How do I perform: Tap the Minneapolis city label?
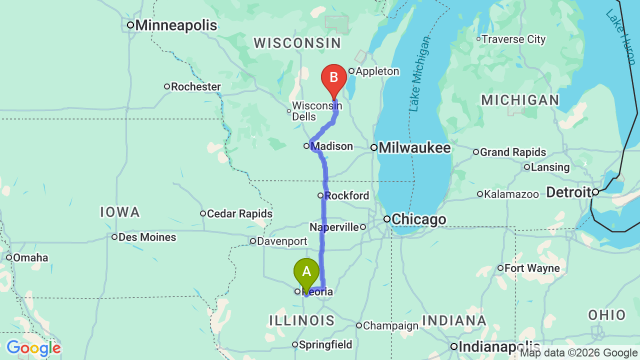pyautogui.click(x=175, y=25)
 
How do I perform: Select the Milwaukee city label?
pyautogui.click(x=414, y=148)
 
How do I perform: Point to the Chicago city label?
pyautogui.click(x=418, y=219)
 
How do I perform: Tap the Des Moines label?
pyautogui.click(x=147, y=237)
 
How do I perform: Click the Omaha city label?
pyautogui.click(x=30, y=258)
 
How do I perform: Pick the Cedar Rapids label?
pyautogui.click(x=239, y=214)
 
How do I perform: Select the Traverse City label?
pyautogui.click(x=513, y=39)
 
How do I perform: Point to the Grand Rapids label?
pyautogui.click(x=512, y=152)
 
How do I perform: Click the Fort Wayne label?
pyautogui.click(x=531, y=268)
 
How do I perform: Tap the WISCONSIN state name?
pyautogui.click(x=297, y=43)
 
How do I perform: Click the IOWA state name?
pyautogui.click(x=120, y=212)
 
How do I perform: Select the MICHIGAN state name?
pyautogui.click(x=520, y=100)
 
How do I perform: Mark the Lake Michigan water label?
pyautogui.click(x=418, y=74)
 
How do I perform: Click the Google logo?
pyautogui.click(x=33, y=348)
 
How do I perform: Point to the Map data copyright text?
pyautogui.click(x=578, y=353)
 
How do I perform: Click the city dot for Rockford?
pyautogui.click(x=320, y=195)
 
